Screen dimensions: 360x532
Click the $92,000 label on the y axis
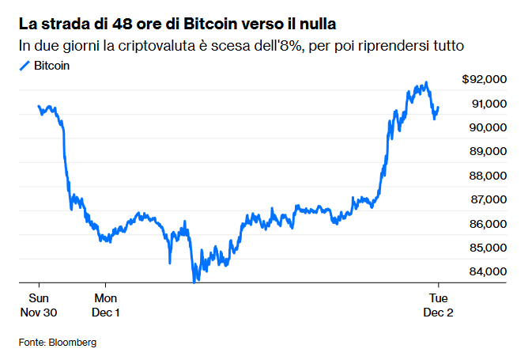(x=484, y=79)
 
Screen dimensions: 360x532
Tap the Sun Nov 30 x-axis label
(x=39, y=305)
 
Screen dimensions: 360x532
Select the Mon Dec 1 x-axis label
(x=106, y=305)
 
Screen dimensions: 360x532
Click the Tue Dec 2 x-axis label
(x=439, y=305)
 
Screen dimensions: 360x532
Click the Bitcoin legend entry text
(x=51, y=66)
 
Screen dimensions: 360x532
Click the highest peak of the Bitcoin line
(x=427, y=81)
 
